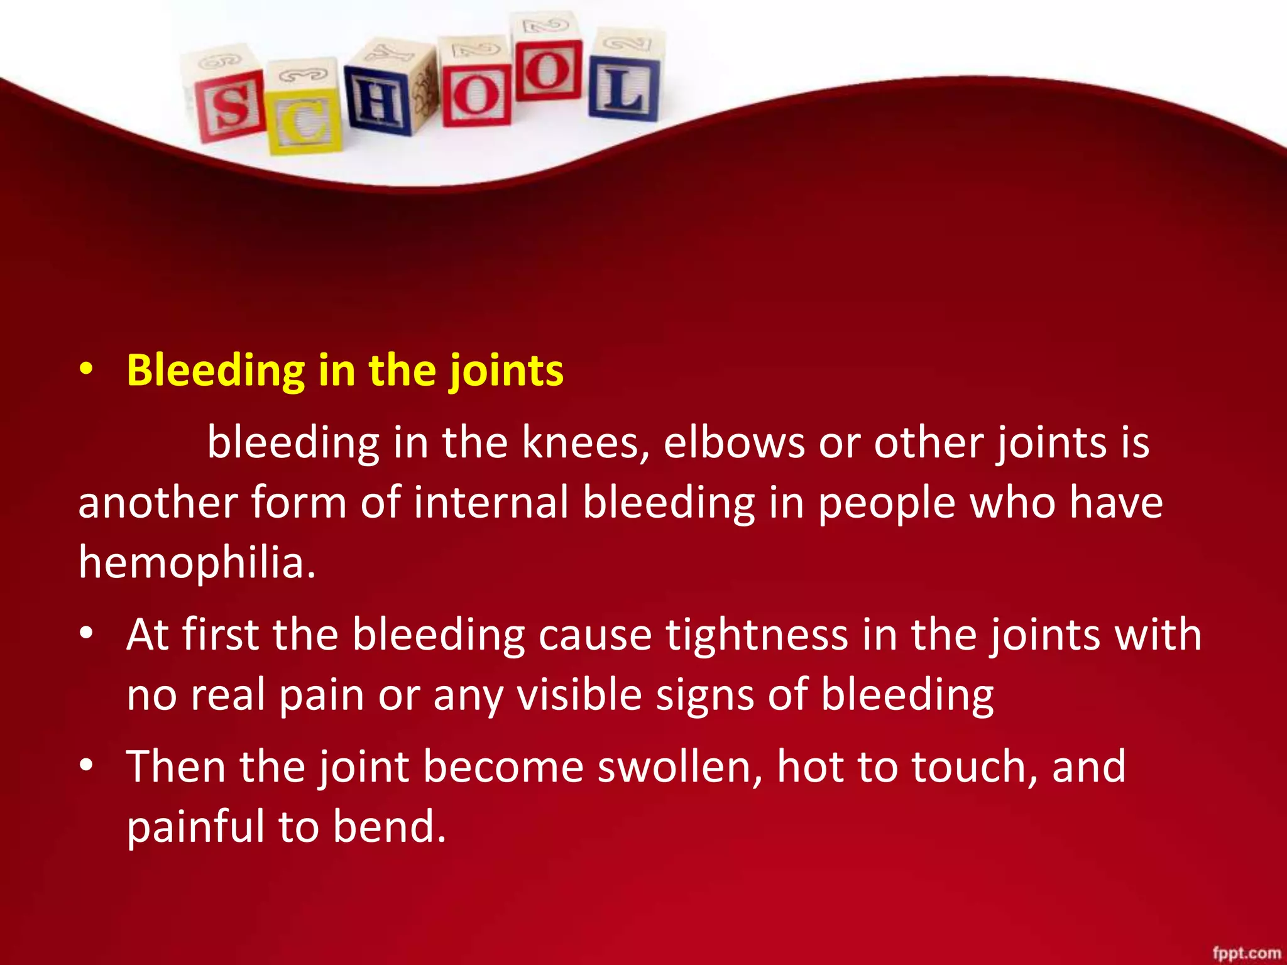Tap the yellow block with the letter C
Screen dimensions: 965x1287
pyautogui.click(x=304, y=113)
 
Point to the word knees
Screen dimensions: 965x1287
pyautogui.click(x=585, y=443)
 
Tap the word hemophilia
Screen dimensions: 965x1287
pyautogui.click(x=196, y=562)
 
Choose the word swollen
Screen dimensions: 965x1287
pyautogui.click(x=679, y=767)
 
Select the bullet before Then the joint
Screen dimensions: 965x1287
pyautogui.click(x=87, y=766)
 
